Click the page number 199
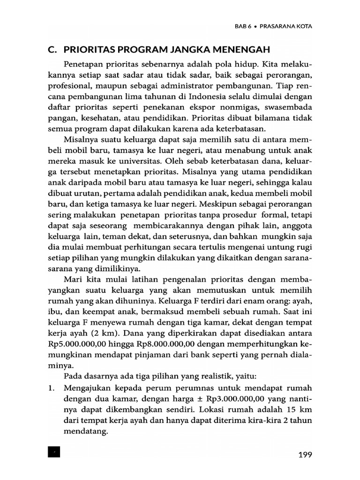pos(302,454)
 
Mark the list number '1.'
pos(52,388)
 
